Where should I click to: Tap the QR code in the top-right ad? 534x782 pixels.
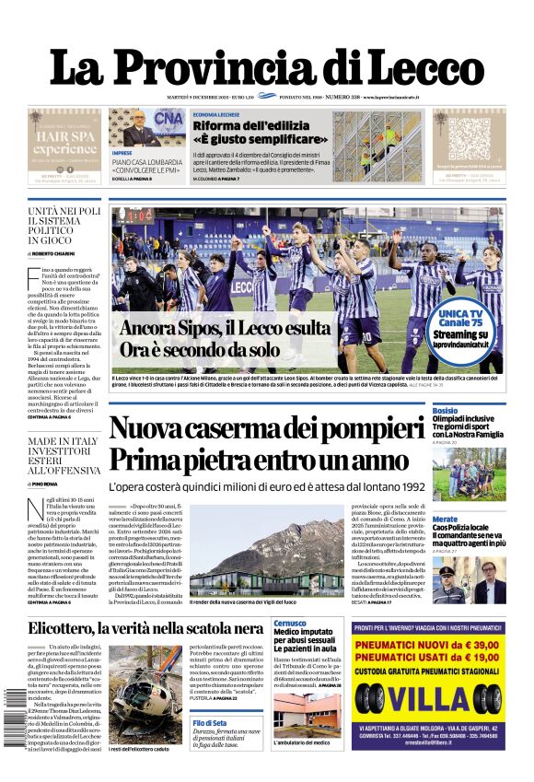click(469, 139)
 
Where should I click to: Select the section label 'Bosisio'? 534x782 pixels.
click(445, 410)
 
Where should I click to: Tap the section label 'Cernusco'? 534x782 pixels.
click(290, 624)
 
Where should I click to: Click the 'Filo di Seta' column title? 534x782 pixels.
click(210, 723)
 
